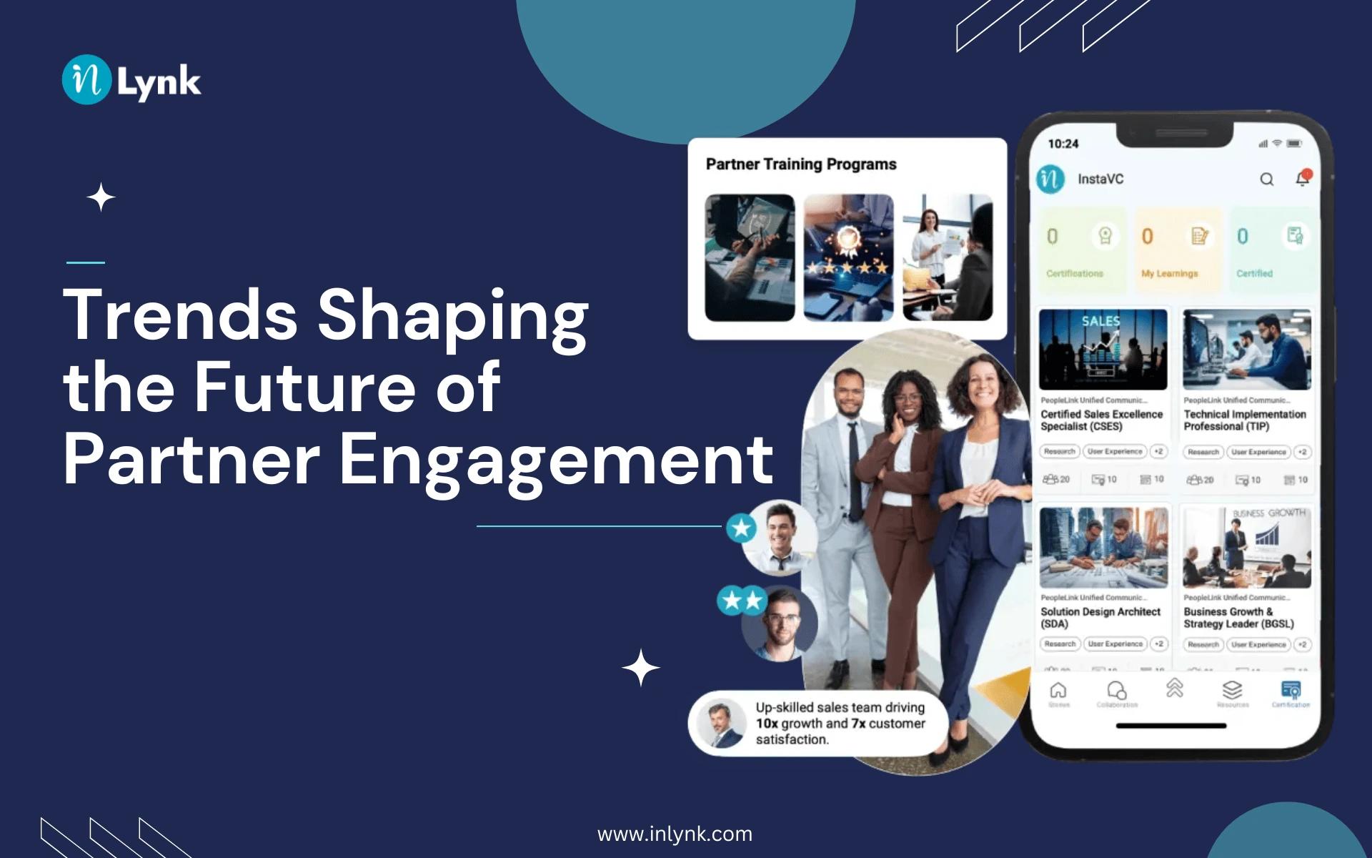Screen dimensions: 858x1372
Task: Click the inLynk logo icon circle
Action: (86, 80)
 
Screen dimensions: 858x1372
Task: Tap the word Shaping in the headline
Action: (452, 316)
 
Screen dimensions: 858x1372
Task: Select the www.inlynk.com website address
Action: (675, 834)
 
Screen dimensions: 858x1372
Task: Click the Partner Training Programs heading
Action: (800, 164)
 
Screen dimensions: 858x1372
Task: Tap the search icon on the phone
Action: (1266, 179)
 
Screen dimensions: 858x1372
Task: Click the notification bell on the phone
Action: (1303, 179)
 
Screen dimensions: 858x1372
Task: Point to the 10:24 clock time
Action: (1063, 144)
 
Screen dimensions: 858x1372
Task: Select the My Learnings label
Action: (1169, 273)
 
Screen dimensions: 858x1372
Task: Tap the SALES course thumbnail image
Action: (1103, 350)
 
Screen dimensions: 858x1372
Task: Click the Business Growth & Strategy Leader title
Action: (1238, 618)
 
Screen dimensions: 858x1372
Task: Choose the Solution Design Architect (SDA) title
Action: (1100, 618)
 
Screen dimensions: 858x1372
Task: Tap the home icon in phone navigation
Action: (1058, 690)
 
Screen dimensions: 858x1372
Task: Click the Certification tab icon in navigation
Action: (1291, 690)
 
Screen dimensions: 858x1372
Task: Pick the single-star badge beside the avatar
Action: (741, 528)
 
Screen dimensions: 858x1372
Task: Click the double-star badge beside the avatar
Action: (742, 601)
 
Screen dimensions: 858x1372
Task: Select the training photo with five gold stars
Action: (848, 257)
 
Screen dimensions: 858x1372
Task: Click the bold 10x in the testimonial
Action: (766, 724)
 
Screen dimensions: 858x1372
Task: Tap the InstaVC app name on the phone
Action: (1100, 179)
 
